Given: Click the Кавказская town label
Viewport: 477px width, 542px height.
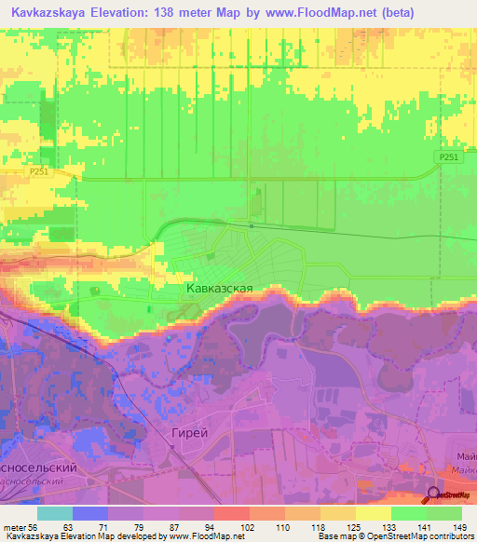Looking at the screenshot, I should (219, 289).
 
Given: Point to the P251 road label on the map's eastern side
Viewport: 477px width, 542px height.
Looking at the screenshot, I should (449, 158).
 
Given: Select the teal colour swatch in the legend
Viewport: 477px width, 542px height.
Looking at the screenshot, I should (55, 513).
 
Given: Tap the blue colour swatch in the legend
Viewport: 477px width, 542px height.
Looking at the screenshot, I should (90, 513).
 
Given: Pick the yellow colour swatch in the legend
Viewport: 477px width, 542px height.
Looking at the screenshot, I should (374, 513).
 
